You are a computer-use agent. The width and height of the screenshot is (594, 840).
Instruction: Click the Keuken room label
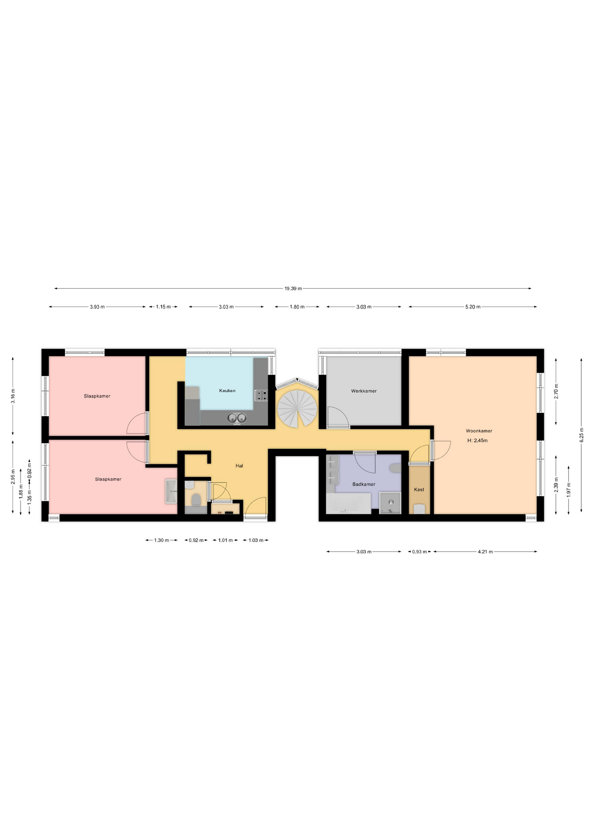pyautogui.click(x=227, y=391)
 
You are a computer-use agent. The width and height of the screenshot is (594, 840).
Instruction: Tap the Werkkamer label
pyautogui.click(x=363, y=391)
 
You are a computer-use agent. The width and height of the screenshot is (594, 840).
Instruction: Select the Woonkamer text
pyautogui.click(x=479, y=431)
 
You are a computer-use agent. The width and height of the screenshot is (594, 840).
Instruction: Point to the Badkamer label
pyautogui.click(x=364, y=484)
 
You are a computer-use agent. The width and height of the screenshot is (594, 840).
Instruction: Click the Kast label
pyautogui.click(x=419, y=490)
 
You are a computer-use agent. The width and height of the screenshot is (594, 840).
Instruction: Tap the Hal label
pyautogui.click(x=239, y=466)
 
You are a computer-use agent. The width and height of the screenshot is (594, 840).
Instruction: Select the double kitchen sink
pyautogui.click(x=237, y=418)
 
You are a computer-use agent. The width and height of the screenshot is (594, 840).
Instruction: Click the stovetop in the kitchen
pyautogui.click(x=261, y=395)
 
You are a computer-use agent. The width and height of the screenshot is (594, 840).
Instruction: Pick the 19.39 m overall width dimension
pyautogui.click(x=293, y=289)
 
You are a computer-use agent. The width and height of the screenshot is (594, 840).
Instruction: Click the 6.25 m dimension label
pyautogui.click(x=581, y=435)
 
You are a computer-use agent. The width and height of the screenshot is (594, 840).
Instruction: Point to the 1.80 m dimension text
pyautogui.click(x=297, y=307)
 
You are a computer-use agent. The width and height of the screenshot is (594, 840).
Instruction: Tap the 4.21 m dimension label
pyautogui.click(x=485, y=552)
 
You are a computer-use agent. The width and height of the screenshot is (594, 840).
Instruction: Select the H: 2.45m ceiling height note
pyautogui.click(x=477, y=441)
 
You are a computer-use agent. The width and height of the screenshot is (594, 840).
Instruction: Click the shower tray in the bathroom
pyautogui.click(x=390, y=503)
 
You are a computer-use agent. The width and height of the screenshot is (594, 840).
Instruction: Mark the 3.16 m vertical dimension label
pyautogui.click(x=13, y=396)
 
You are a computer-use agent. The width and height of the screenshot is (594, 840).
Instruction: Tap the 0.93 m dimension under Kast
pyautogui.click(x=419, y=552)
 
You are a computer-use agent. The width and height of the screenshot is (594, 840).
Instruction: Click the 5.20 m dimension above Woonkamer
pyautogui.click(x=472, y=307)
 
